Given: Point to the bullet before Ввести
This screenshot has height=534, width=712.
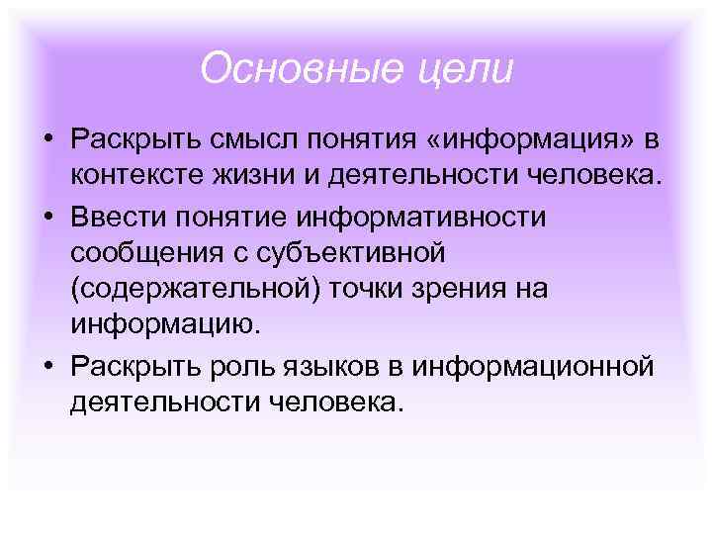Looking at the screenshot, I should pos(46,215).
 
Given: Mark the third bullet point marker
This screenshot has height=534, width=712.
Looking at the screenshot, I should pos(46,367).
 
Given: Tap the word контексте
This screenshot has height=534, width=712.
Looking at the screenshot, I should pos(135,176).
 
